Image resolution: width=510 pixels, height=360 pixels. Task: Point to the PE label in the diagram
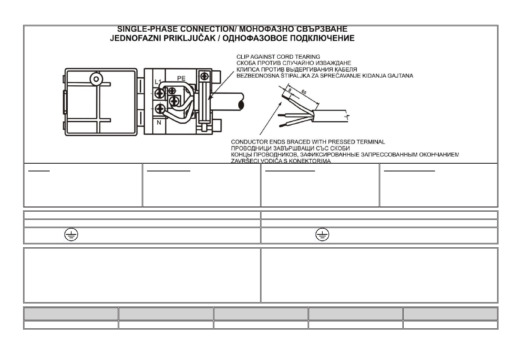pos(181,78)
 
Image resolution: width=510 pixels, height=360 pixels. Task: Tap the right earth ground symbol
pos(320,234)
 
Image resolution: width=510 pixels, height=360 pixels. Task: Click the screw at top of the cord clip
pos(205,76)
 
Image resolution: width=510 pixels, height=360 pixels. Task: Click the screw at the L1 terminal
pos(161,92)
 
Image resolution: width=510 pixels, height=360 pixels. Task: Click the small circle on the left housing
pos(95,79)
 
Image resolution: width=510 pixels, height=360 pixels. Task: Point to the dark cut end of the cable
pos(241,104)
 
